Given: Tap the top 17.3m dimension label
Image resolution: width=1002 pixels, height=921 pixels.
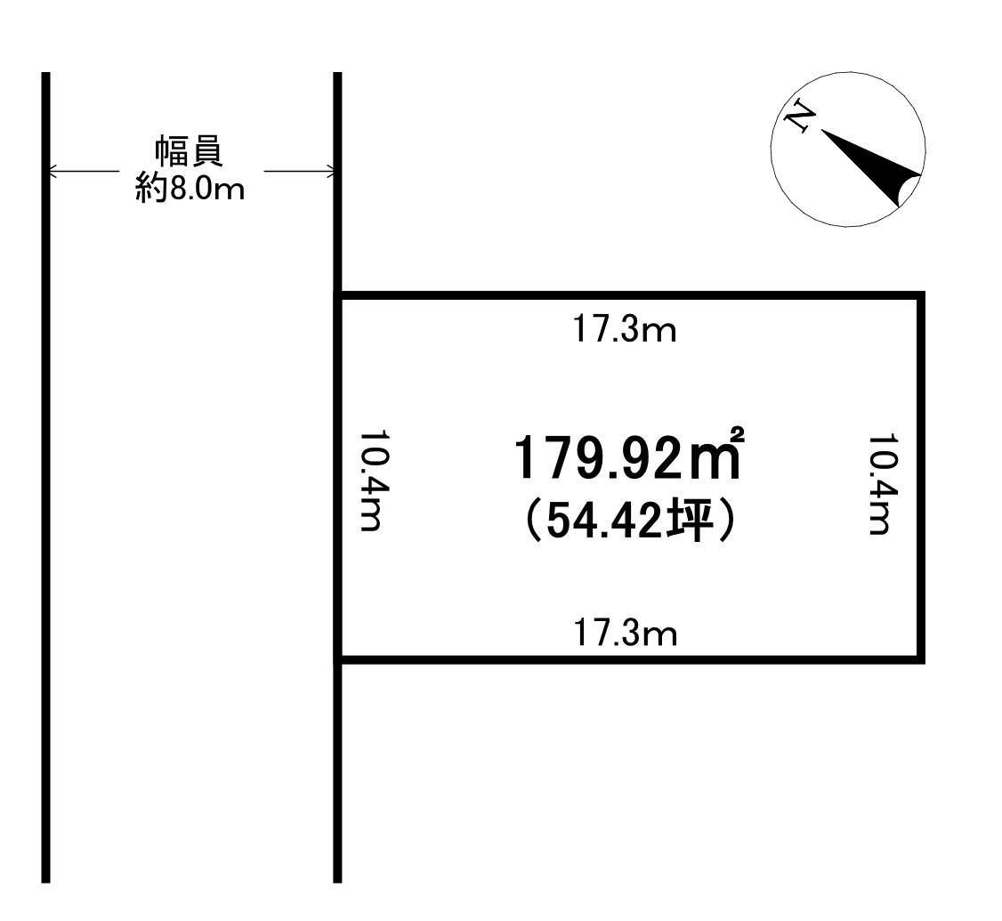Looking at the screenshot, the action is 625,331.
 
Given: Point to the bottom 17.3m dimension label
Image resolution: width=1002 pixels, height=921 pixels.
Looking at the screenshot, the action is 625,634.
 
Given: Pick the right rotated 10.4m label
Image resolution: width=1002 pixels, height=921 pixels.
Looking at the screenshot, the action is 879,484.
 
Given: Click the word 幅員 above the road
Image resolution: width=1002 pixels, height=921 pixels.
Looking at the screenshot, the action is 190,152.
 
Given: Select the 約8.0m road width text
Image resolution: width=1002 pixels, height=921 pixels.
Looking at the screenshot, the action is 190,189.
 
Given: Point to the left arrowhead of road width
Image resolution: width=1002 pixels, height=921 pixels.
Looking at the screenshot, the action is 53,171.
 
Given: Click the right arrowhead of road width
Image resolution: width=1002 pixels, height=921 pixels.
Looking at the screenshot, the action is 329,171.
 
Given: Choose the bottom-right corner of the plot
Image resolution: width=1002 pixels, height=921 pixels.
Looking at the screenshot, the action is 922,659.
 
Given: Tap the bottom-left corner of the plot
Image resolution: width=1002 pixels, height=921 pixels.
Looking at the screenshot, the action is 338,659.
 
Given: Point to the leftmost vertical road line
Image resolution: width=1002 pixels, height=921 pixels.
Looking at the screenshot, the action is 45,478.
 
